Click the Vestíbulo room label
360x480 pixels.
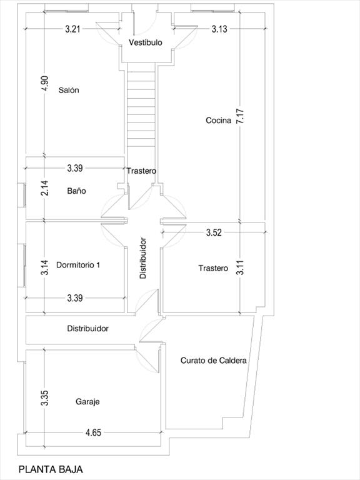(146, 42)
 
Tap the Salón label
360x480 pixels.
(69, 90)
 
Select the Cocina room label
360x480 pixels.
(218, 120)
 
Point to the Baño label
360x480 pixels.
(76, 191)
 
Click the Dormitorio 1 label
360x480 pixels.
(78, 265)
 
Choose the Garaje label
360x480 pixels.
(87, 402)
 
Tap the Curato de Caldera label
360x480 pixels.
(213, 360)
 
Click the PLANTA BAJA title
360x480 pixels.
(51, 469)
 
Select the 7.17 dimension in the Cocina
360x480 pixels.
(240, 116)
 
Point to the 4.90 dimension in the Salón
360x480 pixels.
(45, 83)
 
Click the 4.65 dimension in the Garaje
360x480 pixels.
(93, 432)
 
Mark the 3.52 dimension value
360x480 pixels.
(214, 232)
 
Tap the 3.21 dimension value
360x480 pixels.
(73, 29)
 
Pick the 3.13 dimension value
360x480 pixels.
(219, 29)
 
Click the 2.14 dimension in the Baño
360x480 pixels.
(45, 187)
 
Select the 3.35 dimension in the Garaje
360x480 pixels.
(45, 398)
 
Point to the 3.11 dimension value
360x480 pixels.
(240, 267)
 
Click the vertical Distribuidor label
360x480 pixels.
(143, 257)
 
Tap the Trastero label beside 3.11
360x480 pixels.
(213, 268)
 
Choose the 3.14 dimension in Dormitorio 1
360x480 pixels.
(45, 267)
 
